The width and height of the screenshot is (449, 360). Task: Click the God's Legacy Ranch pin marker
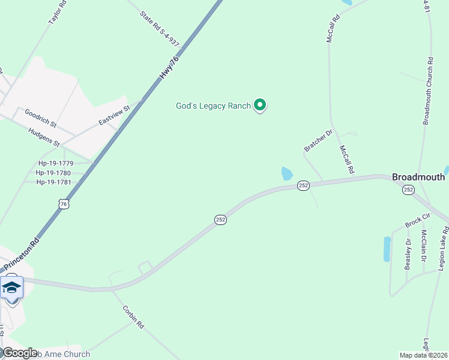260,106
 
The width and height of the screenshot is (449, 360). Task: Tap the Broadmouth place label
418,177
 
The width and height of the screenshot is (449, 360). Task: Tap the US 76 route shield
64,204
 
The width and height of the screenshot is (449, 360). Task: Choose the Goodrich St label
40,118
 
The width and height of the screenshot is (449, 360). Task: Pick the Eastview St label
114,115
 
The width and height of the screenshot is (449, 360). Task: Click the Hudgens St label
44,139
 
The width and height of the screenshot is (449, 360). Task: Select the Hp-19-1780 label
54,173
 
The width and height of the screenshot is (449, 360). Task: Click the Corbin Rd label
133,317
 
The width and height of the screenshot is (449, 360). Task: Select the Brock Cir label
418,220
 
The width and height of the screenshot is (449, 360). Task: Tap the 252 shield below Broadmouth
408,190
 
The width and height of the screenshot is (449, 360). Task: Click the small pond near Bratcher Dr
287,174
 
